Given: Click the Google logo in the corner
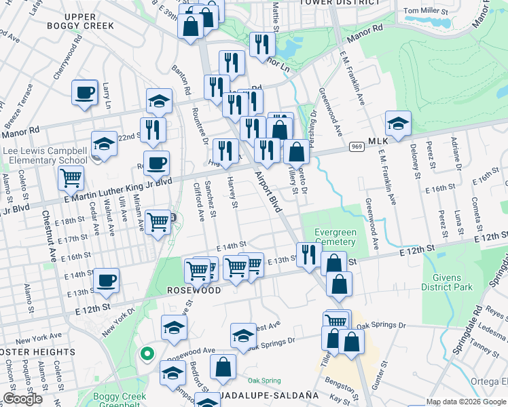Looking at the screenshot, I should tap(22, 399).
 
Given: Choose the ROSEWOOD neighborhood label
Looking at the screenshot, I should tap(195, 290).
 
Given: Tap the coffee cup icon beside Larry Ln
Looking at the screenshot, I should tap(85, 93).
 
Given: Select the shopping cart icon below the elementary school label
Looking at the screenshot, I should tap(71, 179).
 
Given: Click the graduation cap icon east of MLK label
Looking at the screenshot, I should tap(398, 123).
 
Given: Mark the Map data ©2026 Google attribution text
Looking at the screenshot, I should tap(465, 402).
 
